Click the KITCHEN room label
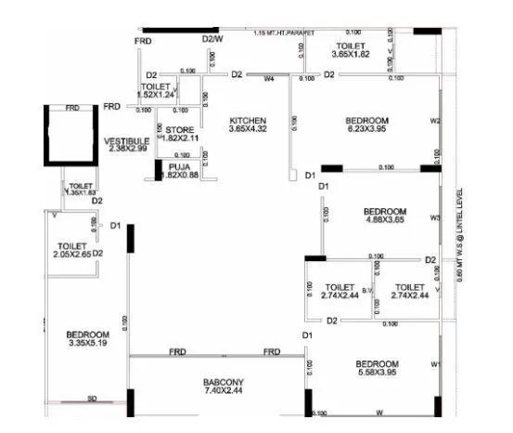[x=249, y=121]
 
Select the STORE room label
[x=180, y=129]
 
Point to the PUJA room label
[x=179, y=166]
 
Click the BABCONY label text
[x=223, y=383]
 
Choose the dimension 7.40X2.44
[x=223, y=392]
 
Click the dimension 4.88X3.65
[x=385, y=220]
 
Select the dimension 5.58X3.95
[x=376, y=373]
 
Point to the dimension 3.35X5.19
[x=88, y=343]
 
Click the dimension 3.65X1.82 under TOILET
[x=350, y=54]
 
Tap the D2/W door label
[x=212, y=38]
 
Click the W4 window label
[x=270, y=79]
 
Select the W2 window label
[x=434, y=122]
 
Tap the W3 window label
[x=434, y=218]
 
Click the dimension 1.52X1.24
[x=156, y=94]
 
